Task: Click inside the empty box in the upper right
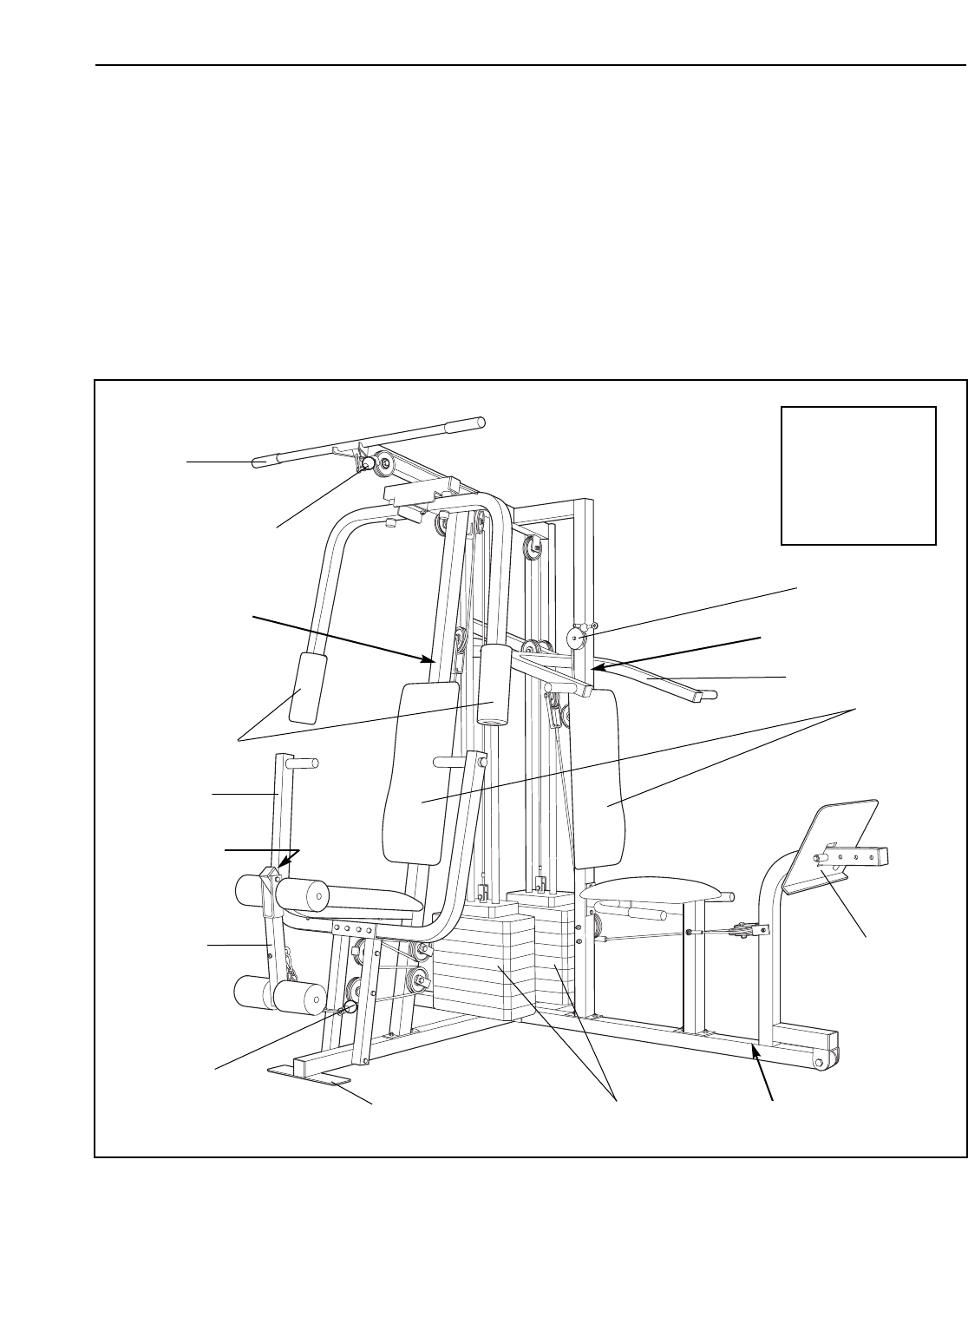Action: click(858, 475)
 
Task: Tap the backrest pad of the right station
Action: click(598, 781)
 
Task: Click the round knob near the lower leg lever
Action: click(350, 1007)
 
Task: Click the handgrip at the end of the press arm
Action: click(708, 694)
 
